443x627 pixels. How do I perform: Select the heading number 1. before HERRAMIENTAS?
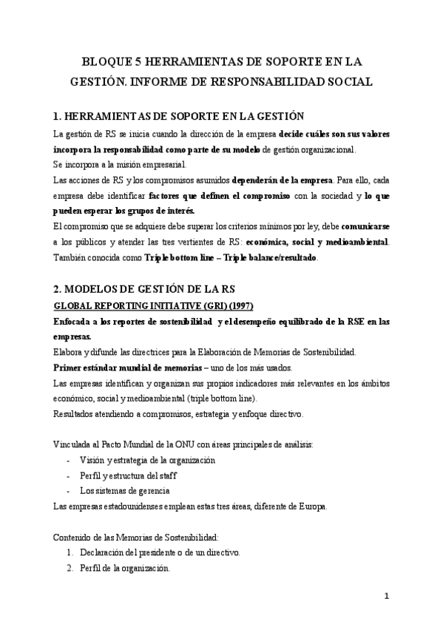click(x=59, y=116)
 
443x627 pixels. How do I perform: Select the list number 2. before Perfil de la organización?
click(x=70, y=569)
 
